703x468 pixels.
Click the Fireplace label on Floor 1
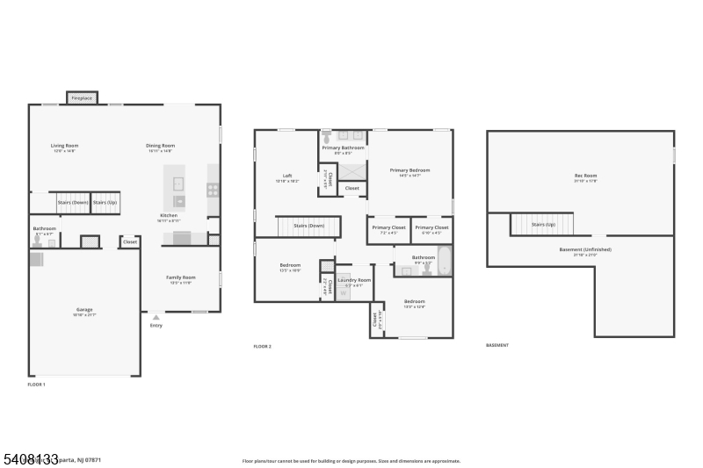[83, 98]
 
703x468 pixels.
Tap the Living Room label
[64, 146]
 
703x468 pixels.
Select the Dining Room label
[160, 146]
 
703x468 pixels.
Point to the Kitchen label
[169, 215]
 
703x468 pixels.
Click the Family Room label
[181, 277]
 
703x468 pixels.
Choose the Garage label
[83, 310]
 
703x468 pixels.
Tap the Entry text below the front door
[156, 326]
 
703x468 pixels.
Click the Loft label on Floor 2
[286, 175]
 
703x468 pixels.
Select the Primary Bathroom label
[342, 148]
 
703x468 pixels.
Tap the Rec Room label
[585, 176]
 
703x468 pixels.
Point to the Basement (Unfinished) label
[585, 249]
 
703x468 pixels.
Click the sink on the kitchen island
[178, 184]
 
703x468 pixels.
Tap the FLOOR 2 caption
[263, 347]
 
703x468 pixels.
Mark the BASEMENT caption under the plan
[497, 345]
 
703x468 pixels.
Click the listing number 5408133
[30, 458]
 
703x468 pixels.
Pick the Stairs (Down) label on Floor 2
[308, 226]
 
